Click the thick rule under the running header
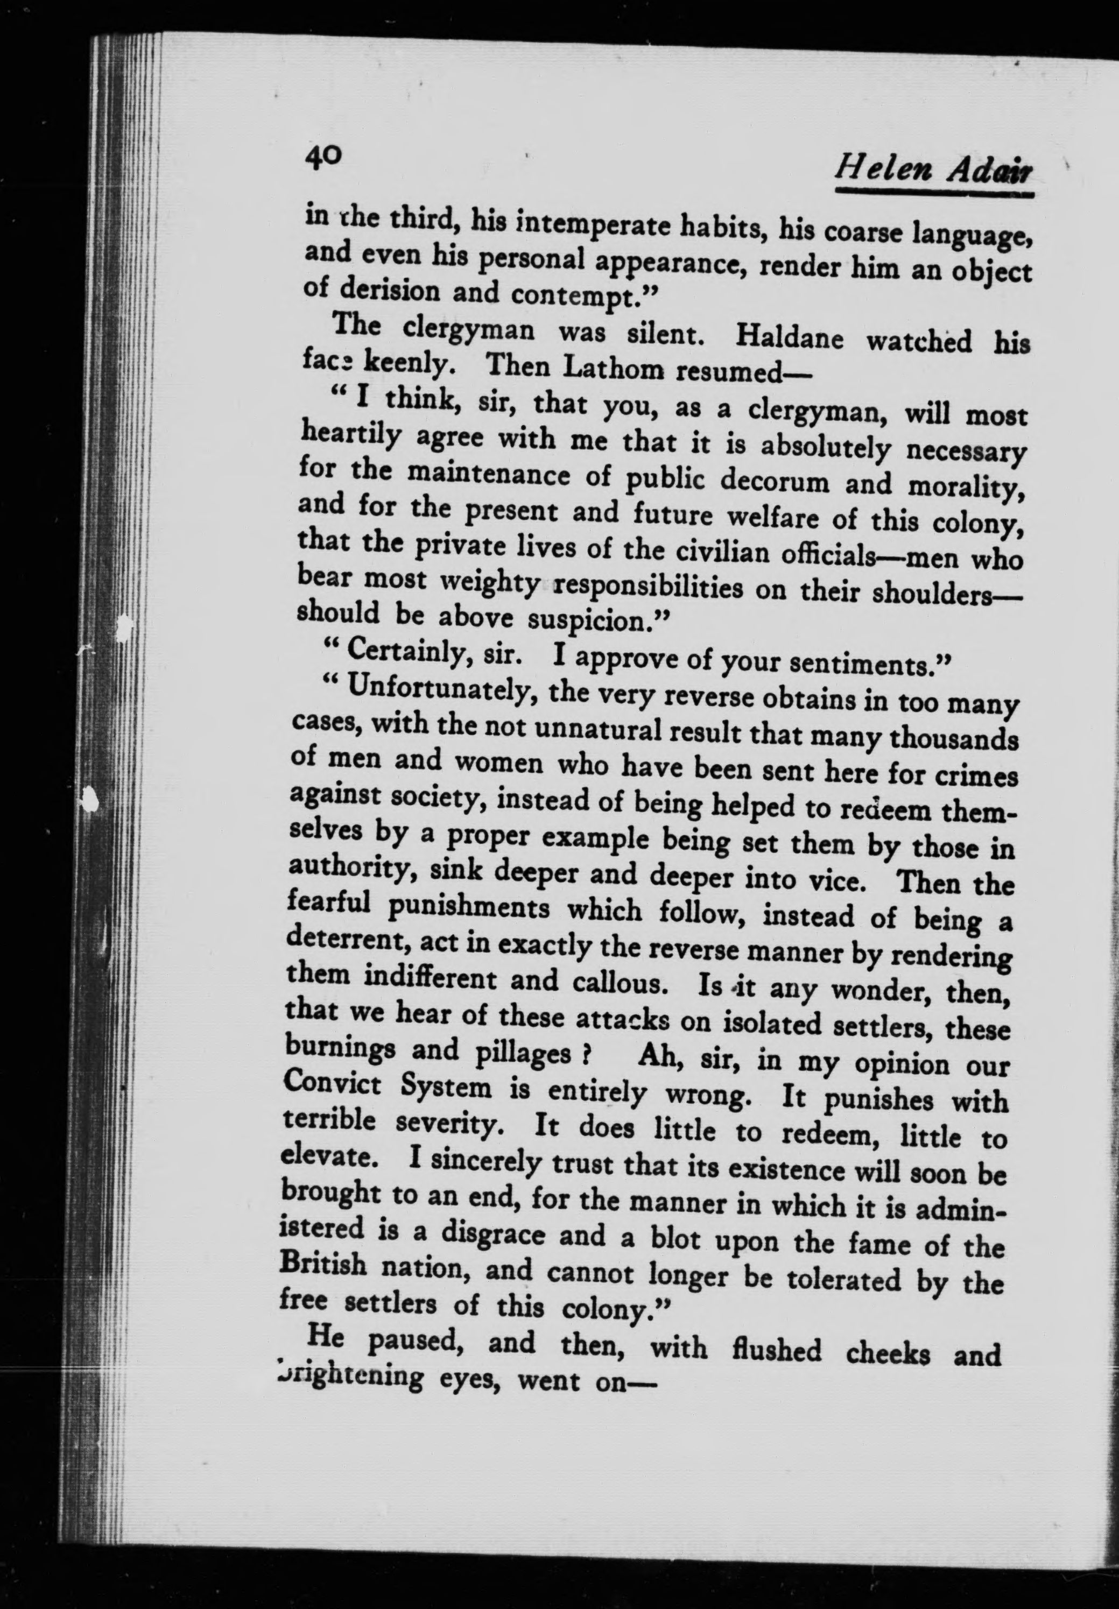(934, 193)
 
